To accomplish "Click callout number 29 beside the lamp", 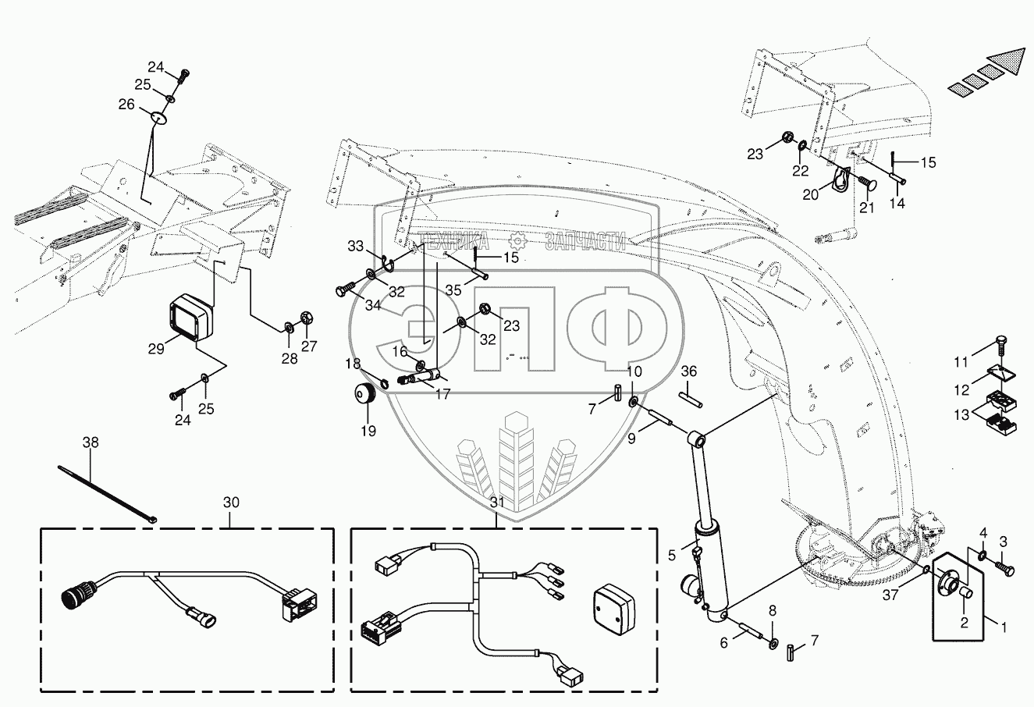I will (155, 350).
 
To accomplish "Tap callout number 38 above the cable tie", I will (91, 442).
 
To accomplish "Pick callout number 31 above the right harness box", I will (498, 503).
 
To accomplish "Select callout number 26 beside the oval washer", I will (126, 104).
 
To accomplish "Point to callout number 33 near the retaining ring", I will (355, 247).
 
